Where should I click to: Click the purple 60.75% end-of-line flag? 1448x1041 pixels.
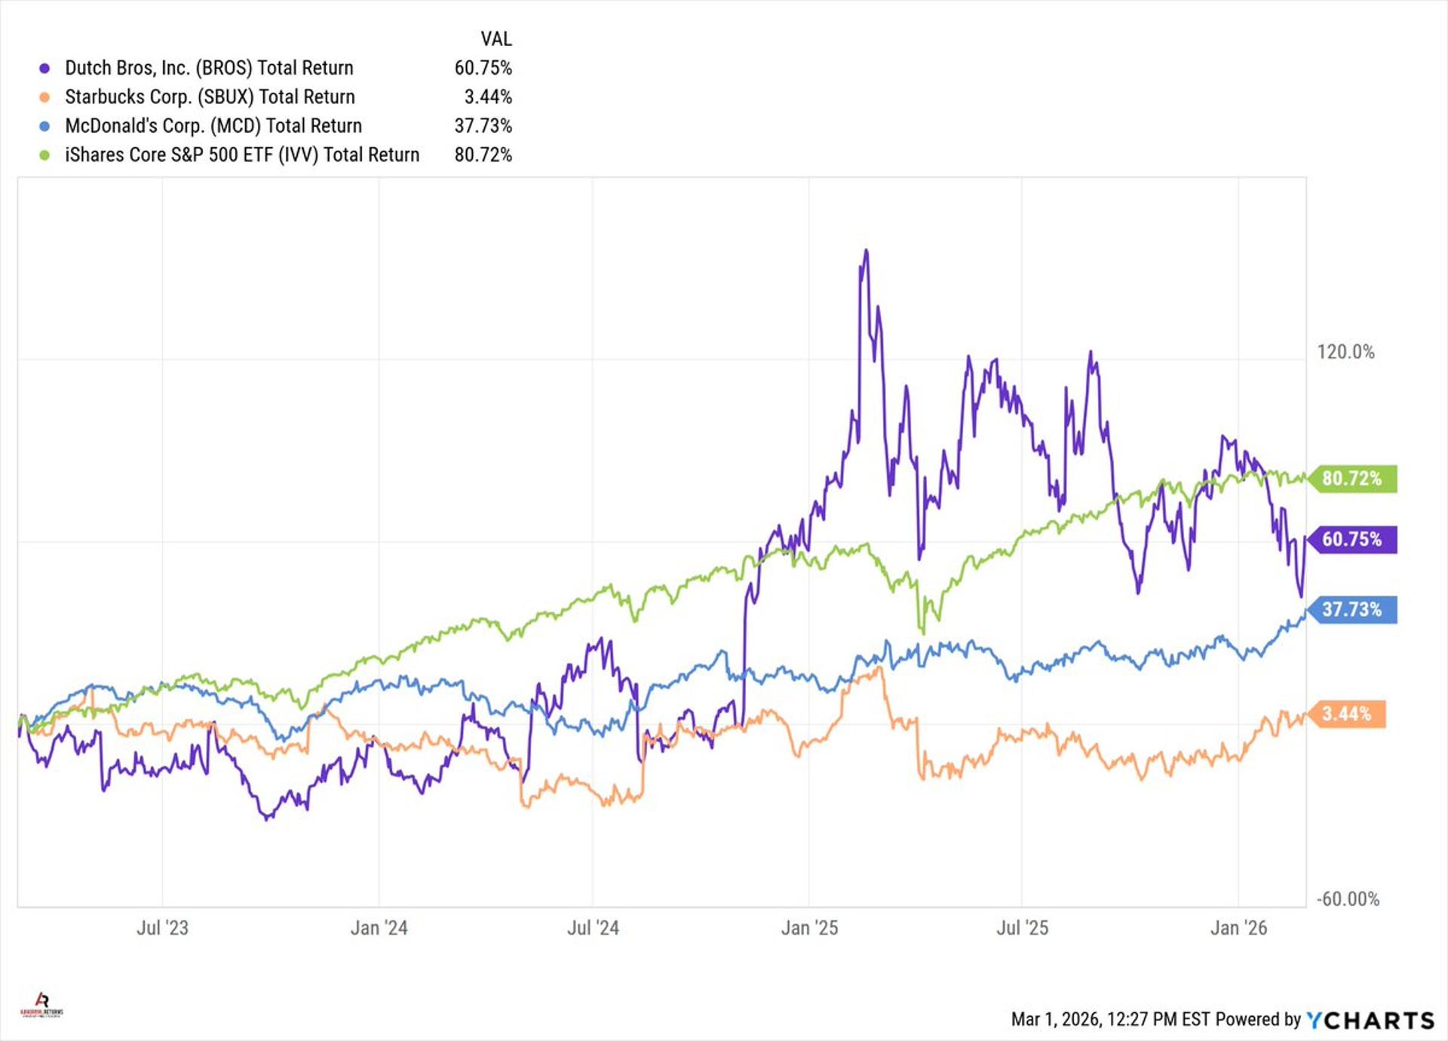click(1351, 539)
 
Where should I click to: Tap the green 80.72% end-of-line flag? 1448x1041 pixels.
click(1351, 478)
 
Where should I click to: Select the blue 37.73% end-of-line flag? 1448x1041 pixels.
click(1351, 610)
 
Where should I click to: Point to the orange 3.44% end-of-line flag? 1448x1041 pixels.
click(1346, 714)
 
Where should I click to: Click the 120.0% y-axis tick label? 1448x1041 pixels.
click(1345, 352)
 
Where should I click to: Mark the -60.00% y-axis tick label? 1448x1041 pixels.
click(1348, 899)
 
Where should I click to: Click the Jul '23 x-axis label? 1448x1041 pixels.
click(162, 928)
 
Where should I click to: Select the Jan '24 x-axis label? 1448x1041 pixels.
click(379, 928)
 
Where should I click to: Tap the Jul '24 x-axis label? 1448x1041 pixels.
click(593, 928)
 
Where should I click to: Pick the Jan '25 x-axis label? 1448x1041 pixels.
click(809, 928)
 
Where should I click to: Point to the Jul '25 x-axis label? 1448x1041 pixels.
click(1022, 928)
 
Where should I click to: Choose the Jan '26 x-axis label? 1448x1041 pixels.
click(1238, 928)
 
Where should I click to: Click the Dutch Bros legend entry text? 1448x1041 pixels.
click(209, 68)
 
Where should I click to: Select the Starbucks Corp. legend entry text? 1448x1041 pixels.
click(210, 97)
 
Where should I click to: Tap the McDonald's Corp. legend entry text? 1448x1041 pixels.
click(213, 126)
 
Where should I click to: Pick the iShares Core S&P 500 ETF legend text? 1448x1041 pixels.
click(242, 155)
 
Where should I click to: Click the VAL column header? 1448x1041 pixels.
click(496, 38)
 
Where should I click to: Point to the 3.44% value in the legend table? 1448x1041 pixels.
click(488, 97)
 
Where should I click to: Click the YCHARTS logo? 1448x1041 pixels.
click(1370, 1020)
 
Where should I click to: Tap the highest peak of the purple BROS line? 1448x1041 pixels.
click(866, 251)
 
